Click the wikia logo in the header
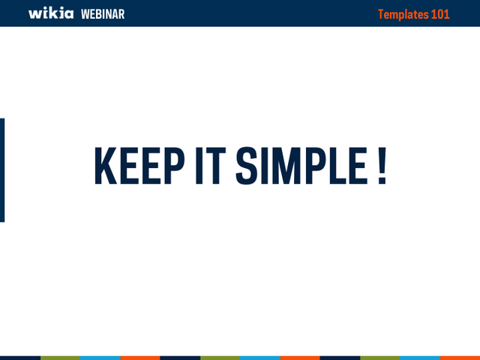[x=51, y=13]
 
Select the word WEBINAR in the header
[x=103, y=14]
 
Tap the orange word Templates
[x=403, y=15]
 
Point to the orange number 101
[x=440, y=14]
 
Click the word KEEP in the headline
[x=139, y=166]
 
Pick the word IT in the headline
[x=211, y=166]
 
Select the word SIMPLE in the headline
[x=301, y=166]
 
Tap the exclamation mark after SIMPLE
[x=382, y=166]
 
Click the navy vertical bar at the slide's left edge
[x=2, y=170]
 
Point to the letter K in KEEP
[x=106, y=166]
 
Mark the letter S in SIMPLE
[x=247, y=166]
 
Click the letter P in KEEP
[x=175, y=166]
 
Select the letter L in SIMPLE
[x=337, y=166]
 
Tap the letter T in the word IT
[x=215, y=166]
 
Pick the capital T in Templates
[x=381, y=14]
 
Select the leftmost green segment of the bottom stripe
[x=60, y=358]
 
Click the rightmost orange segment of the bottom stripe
[x=460, y=358]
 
